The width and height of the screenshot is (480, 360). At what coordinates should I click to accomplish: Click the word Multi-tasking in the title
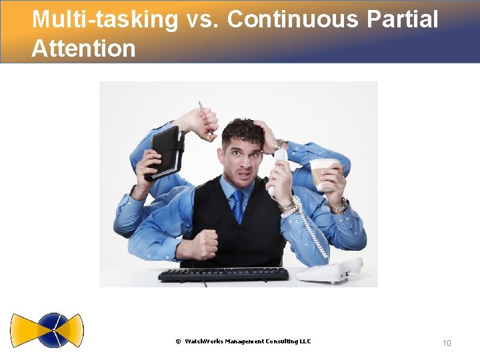105,20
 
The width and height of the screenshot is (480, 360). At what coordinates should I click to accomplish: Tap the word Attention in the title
83,48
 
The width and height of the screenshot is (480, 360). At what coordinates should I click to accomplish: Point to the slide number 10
447,343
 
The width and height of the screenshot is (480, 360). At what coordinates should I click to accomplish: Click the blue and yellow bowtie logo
47,330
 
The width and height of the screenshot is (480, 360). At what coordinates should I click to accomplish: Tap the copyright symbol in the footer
178,342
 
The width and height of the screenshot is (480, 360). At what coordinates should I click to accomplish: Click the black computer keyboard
223,274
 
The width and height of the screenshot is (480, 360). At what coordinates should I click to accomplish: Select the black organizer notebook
167,150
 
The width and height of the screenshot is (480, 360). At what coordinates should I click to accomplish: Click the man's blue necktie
238,207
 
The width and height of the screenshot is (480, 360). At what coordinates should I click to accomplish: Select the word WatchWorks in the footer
207,341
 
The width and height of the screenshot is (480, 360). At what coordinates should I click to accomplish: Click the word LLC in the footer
304,341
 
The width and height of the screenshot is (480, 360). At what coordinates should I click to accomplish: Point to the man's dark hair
243,128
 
